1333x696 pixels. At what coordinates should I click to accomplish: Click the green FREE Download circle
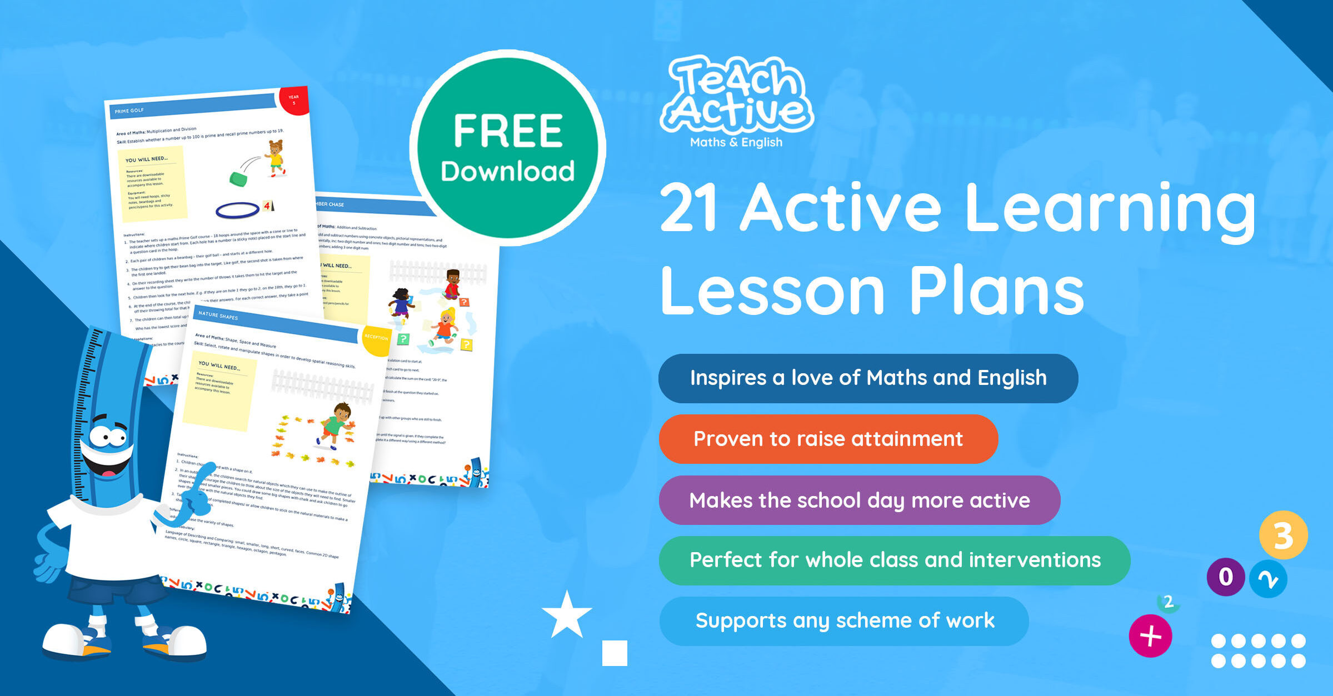tap(507, 148)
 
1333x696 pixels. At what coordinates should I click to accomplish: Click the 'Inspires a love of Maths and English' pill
tap(868, 378)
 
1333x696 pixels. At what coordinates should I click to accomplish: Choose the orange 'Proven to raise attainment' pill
tap(828, 439)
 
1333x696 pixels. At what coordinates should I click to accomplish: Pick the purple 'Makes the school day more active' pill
tap(859, 500)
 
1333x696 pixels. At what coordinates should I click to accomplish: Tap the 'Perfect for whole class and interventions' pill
tap(895, 560)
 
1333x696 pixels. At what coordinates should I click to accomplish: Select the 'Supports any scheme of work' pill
tap(843, 620)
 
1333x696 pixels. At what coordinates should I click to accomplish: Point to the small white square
tap(615, 653)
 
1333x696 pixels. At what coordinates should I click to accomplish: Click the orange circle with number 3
tap(1283, 535)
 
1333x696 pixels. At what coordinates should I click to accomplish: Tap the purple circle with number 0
tap(1225, 577)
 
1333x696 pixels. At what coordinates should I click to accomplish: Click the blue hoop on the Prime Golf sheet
tap(237, 210)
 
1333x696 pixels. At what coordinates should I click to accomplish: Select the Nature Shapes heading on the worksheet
tap(218, 316)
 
